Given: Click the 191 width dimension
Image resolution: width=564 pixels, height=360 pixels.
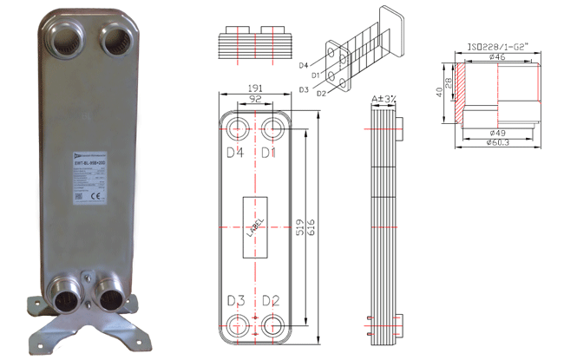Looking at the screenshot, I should click(x=255, y=88).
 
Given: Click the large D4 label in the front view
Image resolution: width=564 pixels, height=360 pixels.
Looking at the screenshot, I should click(x=235, y=154).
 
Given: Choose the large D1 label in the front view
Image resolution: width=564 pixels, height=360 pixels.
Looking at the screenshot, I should click(x=271, y=154).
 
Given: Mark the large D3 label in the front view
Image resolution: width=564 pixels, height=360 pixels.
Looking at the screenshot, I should click(x=235, y=301).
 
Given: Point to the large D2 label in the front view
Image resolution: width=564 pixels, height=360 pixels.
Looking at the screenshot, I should click(x=271, y=301).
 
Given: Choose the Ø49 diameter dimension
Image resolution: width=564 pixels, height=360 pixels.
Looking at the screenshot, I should click(x=496, y=134).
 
